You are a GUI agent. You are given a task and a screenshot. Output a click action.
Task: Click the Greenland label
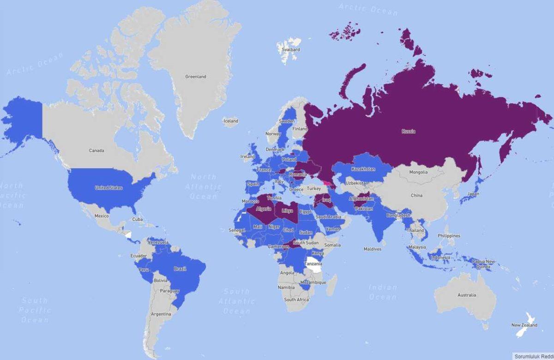[195, 77]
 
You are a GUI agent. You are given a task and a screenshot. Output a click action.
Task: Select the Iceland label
[231, 121]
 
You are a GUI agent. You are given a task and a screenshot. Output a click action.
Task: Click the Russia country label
[408, 132]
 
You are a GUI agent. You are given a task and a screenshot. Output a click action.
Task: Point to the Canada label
[96, 150]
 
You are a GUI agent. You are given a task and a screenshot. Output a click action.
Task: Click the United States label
[108, 188]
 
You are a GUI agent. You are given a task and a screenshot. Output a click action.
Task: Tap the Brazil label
[180, 269]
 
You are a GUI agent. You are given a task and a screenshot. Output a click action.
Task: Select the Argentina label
[161, 314]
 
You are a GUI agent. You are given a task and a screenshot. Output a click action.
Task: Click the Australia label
[466, 295]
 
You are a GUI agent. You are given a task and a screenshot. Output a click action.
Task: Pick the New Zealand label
[524, 325]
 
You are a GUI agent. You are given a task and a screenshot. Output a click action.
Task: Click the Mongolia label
[418, 172]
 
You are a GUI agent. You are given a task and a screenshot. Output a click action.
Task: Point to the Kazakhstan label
[363, 169]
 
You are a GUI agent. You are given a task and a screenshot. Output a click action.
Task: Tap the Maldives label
[372, 249]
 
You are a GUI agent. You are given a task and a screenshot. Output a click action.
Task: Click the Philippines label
[449, 236]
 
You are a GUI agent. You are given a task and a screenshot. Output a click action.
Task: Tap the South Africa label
[296, 300]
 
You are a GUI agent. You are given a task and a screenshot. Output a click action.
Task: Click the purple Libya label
[287, 210]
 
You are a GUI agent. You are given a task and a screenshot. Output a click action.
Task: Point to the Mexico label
[101, 216]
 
